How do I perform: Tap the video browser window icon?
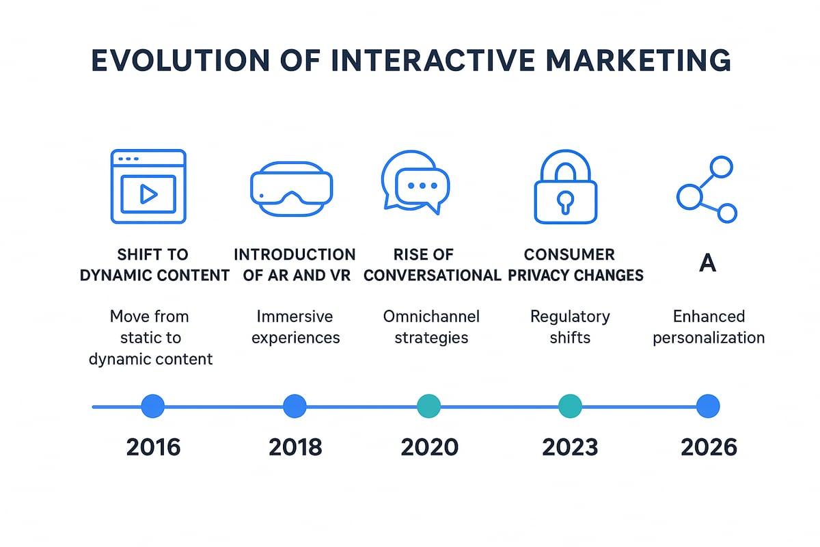coord(148,186)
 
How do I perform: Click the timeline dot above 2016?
coord(153,406)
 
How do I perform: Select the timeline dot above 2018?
coord(295,406)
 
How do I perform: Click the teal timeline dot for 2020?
coord(429,406)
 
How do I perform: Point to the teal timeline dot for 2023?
coord(570,406)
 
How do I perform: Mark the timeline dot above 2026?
coord(707,406)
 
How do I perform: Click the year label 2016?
coord(153,447)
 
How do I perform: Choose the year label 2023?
coord(570,447)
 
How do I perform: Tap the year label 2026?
coord(709,447)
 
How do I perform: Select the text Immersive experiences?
coord(295,327)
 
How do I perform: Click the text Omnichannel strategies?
coord(431,327)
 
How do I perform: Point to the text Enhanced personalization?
coord(709,327)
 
